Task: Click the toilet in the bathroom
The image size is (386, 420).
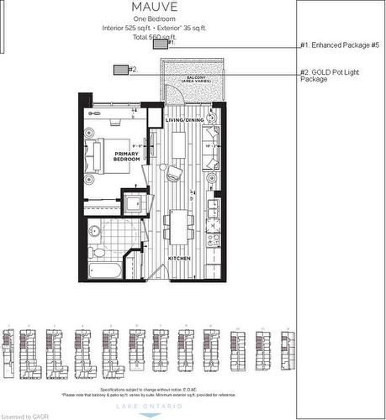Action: click(95, 231)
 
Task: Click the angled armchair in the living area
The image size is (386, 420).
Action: click(174, 173)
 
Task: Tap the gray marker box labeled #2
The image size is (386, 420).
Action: click(121, 70)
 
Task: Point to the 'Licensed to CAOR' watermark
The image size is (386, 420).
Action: click(25, 415)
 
